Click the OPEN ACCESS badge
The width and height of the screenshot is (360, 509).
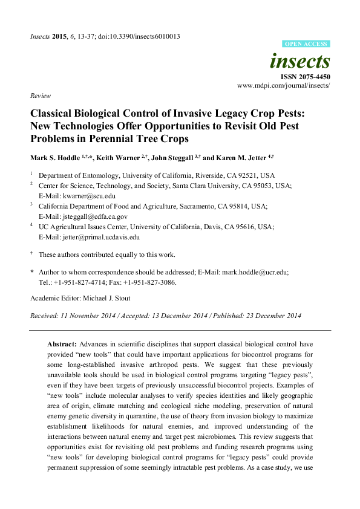pyautogui.click(x=306, y=44)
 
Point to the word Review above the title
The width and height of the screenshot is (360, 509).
pyautogui.click(x=39, y=96)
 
